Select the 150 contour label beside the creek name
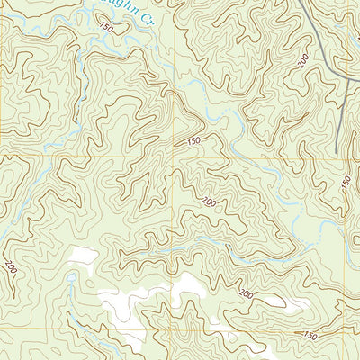(107, 29)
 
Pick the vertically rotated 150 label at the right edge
(346, 182)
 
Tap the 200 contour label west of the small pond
(11, 267)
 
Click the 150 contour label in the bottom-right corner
(310, 335)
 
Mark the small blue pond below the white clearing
(71, 278)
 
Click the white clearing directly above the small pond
(83, 256)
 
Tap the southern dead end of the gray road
(337, 149)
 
